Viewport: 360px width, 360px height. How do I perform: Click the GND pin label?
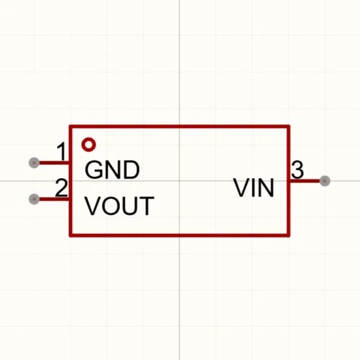(112, 170)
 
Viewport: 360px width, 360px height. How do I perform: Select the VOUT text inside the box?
(119, 206)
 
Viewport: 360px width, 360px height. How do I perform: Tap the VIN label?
(254, 188)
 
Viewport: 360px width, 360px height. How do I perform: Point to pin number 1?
(62, 151)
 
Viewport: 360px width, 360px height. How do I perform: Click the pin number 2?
(62, 188)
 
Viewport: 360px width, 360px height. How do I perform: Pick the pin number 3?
(298, 170)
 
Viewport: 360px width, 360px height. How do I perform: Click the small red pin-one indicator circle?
(88, 145)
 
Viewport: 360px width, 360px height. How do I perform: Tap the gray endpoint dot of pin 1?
(34, 163)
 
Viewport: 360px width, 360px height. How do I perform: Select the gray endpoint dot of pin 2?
(34, 199)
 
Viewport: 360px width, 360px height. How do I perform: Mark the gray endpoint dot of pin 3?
(325, 181)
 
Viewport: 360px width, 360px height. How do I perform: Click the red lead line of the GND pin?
(54, 163)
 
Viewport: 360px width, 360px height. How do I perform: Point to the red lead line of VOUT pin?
(54, 199)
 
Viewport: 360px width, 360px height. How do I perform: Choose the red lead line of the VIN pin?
(304, 181)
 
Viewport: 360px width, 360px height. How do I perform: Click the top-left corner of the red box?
(71, 126)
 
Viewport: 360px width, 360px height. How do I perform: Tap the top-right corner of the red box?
(289, 126)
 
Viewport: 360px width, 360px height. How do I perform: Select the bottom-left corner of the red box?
(71, 236)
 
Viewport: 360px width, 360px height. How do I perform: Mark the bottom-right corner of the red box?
(289, 236)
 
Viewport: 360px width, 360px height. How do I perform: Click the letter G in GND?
(93, 170)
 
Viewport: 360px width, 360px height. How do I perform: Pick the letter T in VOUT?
(147, 206)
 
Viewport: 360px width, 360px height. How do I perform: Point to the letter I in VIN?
(252, 188)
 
